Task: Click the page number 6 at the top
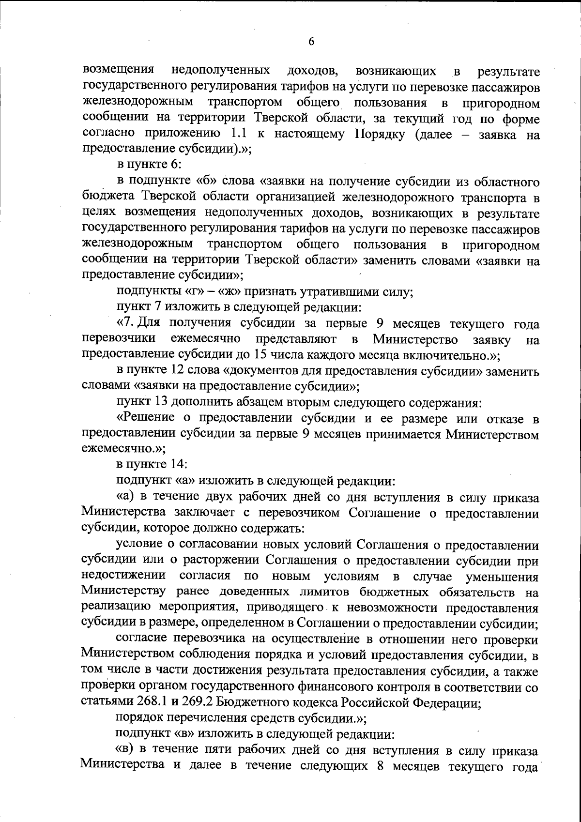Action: coord(311,42)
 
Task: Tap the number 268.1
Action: coord(142,703)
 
